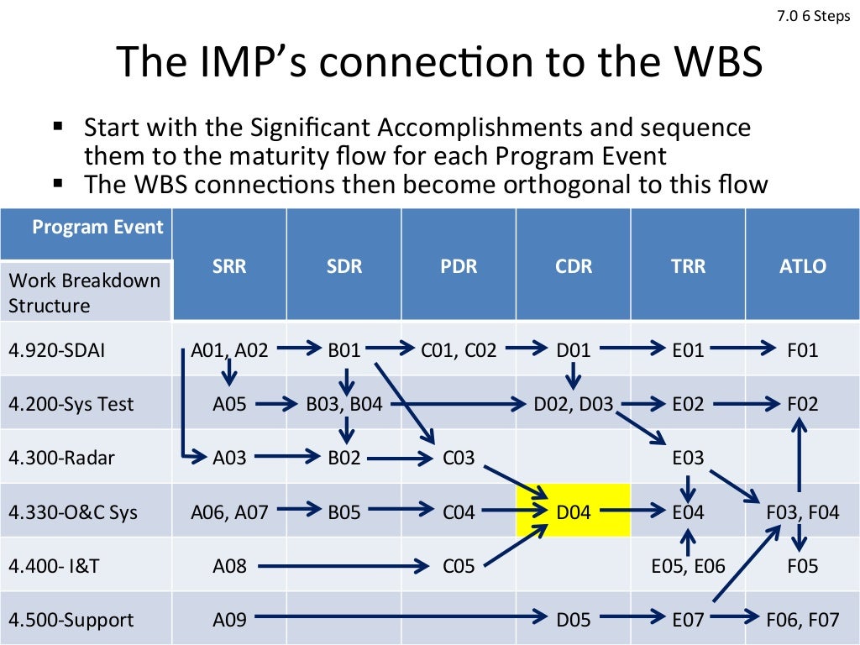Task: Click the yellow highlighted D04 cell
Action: pyautogui.click(x=574, y=511)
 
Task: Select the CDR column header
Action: pyautogui.click(x=574, y=267)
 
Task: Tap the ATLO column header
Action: pyautogui.click(x=802, y=267)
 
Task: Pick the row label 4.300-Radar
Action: pyautogui.click(x=61, y=458)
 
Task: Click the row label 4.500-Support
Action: pyautogui.click(x=71, y=620)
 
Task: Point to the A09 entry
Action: pyautogui.click(x=229, y=620)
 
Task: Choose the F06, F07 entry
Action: pyautogui.click(x=803, y=620)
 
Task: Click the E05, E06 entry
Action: pyautogui.click(x=688, y=566)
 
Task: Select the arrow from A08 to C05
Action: pyautogui.click(x=344, y=566)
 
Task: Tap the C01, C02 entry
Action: pyautogui.click(x=459, y=350)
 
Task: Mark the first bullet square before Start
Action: pyautogui.click(x=58, y=127)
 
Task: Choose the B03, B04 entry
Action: pyautogui.click(x=344, y=404)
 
